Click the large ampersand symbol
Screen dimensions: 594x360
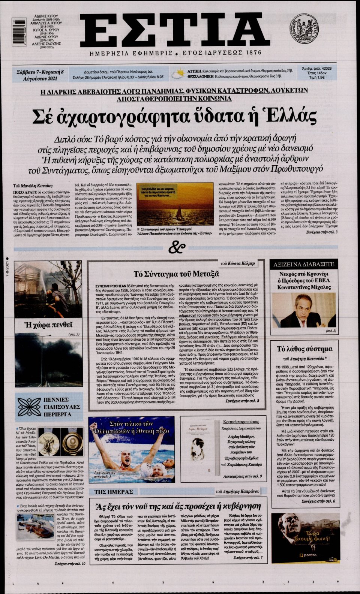177,248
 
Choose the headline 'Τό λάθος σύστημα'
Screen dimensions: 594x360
304,349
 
